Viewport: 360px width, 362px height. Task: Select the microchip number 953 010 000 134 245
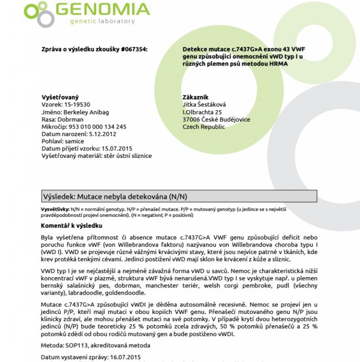(x=97, y=127)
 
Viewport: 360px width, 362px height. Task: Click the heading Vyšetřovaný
(x=60, y=97)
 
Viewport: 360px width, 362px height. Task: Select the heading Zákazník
(x=195, y=97)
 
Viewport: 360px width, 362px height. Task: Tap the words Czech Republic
(x=203, y=127)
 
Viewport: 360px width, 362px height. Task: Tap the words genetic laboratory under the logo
(x=102, y=21)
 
